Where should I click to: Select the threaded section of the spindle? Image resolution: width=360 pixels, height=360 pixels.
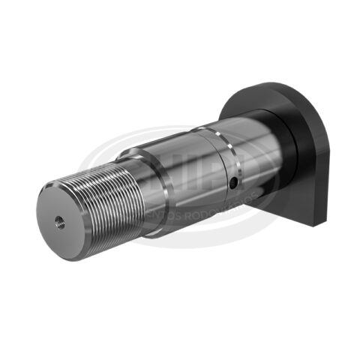click(x=105, y=199)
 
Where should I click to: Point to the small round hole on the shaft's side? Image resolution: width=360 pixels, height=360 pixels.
click(x=235, y=182)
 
